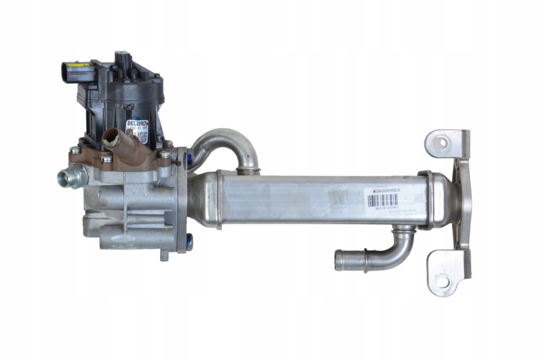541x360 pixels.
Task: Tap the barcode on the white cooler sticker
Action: tap(382, 200)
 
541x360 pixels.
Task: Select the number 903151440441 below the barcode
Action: tap(381, 209)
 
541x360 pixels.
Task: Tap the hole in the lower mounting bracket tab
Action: tap(440, 281)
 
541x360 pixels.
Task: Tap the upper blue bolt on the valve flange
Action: tap(190, 156)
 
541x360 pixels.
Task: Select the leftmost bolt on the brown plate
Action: tap(75, 150)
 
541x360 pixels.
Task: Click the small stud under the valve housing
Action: tap(164, 257)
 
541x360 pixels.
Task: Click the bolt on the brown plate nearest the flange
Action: tap(164, 154)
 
